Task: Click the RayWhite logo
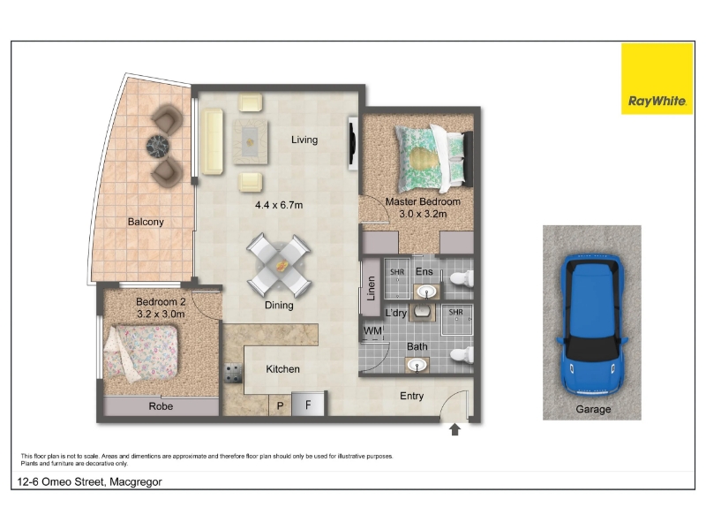point(657,79)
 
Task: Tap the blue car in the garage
point(592,325)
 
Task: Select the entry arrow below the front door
point(454,429)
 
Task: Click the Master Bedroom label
point(423,201)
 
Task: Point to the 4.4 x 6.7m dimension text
point(279,205)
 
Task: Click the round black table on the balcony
point(158,146)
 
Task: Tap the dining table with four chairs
point(279,265)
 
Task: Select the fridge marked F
point(308,404)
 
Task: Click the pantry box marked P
point(280,405)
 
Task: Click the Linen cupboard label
point(371,288)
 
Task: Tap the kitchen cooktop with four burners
point(233,373)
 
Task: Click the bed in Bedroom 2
point(140,352)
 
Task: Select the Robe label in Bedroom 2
point(161,406)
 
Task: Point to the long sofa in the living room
point(212,141)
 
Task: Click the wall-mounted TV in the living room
point(353,143)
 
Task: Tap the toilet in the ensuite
point(462,278)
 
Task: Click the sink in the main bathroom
point(417,365)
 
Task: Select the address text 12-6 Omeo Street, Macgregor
point(90,481)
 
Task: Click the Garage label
point(593,409)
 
